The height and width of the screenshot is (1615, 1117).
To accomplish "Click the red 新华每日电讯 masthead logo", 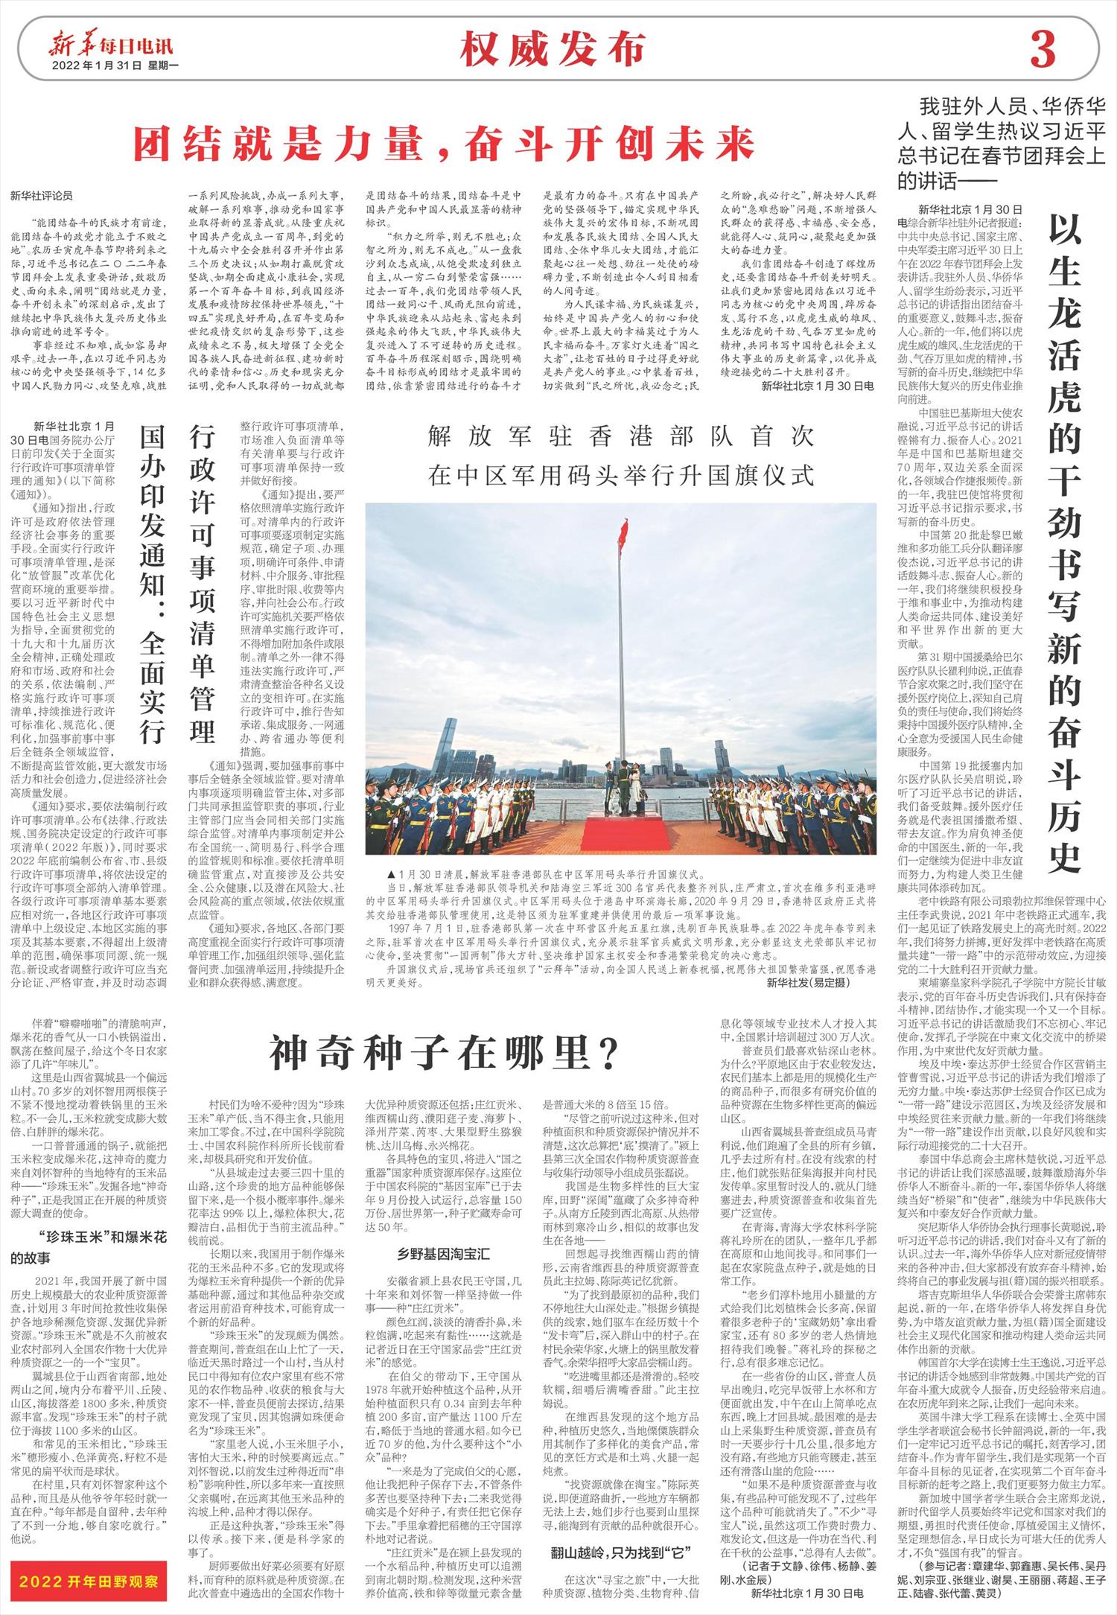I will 111,46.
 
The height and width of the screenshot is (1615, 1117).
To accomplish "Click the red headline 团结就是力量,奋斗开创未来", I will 445,144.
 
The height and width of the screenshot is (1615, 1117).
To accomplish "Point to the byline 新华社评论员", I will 42,197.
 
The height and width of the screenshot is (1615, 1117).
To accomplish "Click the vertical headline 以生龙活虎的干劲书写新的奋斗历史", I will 1064,543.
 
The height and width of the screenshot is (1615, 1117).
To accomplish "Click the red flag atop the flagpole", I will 623,531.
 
